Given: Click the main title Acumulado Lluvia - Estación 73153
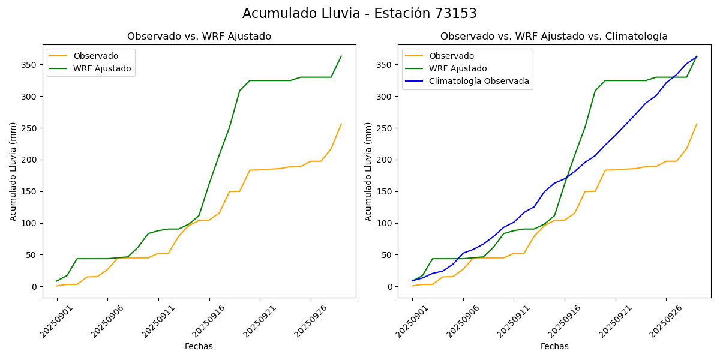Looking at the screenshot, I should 359,14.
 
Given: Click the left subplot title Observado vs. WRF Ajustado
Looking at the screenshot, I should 199,37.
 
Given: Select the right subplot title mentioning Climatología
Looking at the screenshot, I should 554,37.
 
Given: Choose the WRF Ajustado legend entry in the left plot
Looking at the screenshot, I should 102,68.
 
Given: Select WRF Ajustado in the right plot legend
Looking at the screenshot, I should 458,68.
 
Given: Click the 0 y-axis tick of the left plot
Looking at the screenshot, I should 35,287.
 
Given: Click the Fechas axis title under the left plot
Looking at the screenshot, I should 199,346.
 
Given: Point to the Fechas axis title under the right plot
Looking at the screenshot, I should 554,346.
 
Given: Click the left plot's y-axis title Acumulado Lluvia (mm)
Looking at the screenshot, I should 13,171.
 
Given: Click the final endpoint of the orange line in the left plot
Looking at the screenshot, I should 341,124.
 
